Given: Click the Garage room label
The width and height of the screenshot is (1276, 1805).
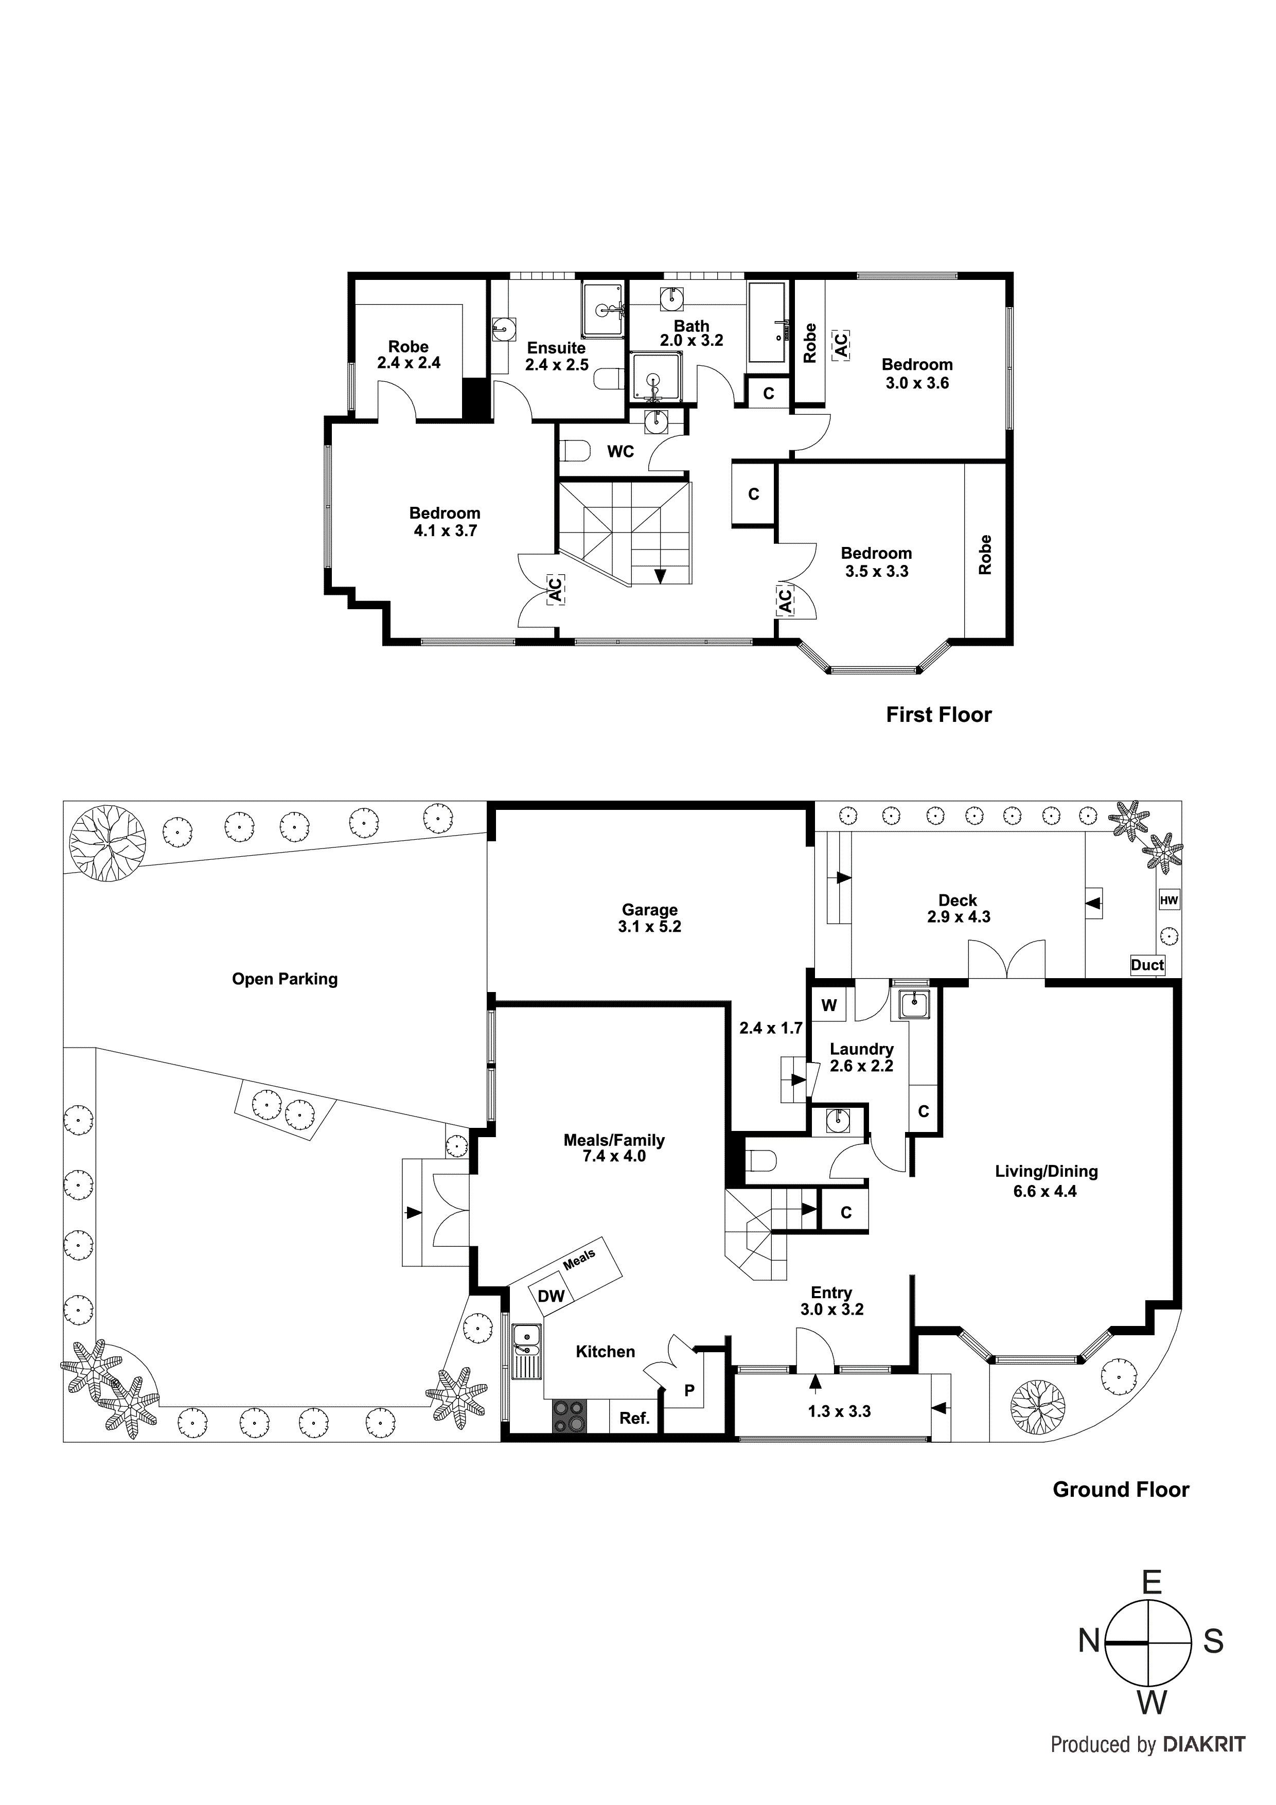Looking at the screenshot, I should (649, 910).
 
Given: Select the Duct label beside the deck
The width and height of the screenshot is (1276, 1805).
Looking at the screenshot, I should (1146, 965).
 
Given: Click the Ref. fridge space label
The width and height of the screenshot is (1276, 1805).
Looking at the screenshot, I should (634, 1418).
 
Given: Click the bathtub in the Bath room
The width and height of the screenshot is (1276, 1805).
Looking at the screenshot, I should (767, 323).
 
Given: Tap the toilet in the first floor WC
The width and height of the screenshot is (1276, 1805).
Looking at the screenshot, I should (576, 451).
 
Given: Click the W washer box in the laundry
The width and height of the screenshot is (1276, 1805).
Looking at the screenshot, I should (829, 1005).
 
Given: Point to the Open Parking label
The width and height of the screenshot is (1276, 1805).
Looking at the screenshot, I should (285, 979).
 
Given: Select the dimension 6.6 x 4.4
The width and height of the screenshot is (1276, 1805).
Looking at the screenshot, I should (1045, 1191).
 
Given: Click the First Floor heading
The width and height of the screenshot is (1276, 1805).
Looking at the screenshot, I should (938, 715).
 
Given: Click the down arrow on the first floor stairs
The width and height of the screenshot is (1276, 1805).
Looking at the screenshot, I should (660, 575).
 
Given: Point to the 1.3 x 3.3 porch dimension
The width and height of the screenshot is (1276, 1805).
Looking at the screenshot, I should (839, 1411).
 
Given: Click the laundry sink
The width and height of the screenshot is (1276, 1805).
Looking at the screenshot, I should (914, 1005).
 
